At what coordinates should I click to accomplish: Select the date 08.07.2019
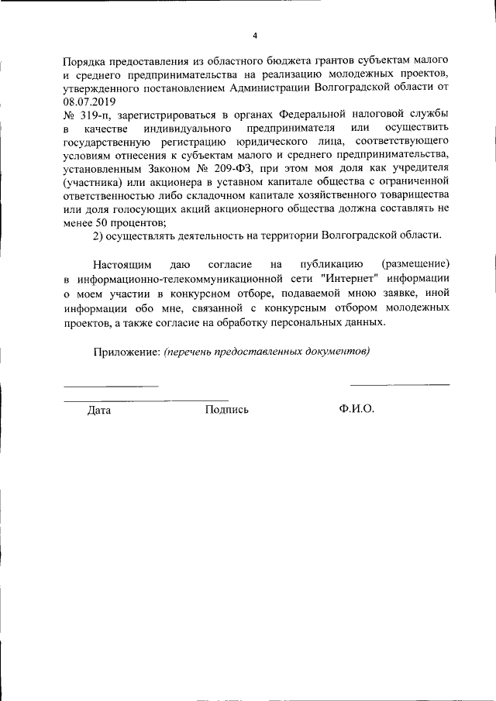(88, 101)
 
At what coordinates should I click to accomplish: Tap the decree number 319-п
(91, 114)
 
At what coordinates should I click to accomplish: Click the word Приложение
(126, 351)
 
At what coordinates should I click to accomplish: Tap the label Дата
(99, 410)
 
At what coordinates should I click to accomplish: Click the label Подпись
(226, 410)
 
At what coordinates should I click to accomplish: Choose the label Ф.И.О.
(356, 410)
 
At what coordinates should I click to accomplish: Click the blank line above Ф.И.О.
(399, 384)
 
